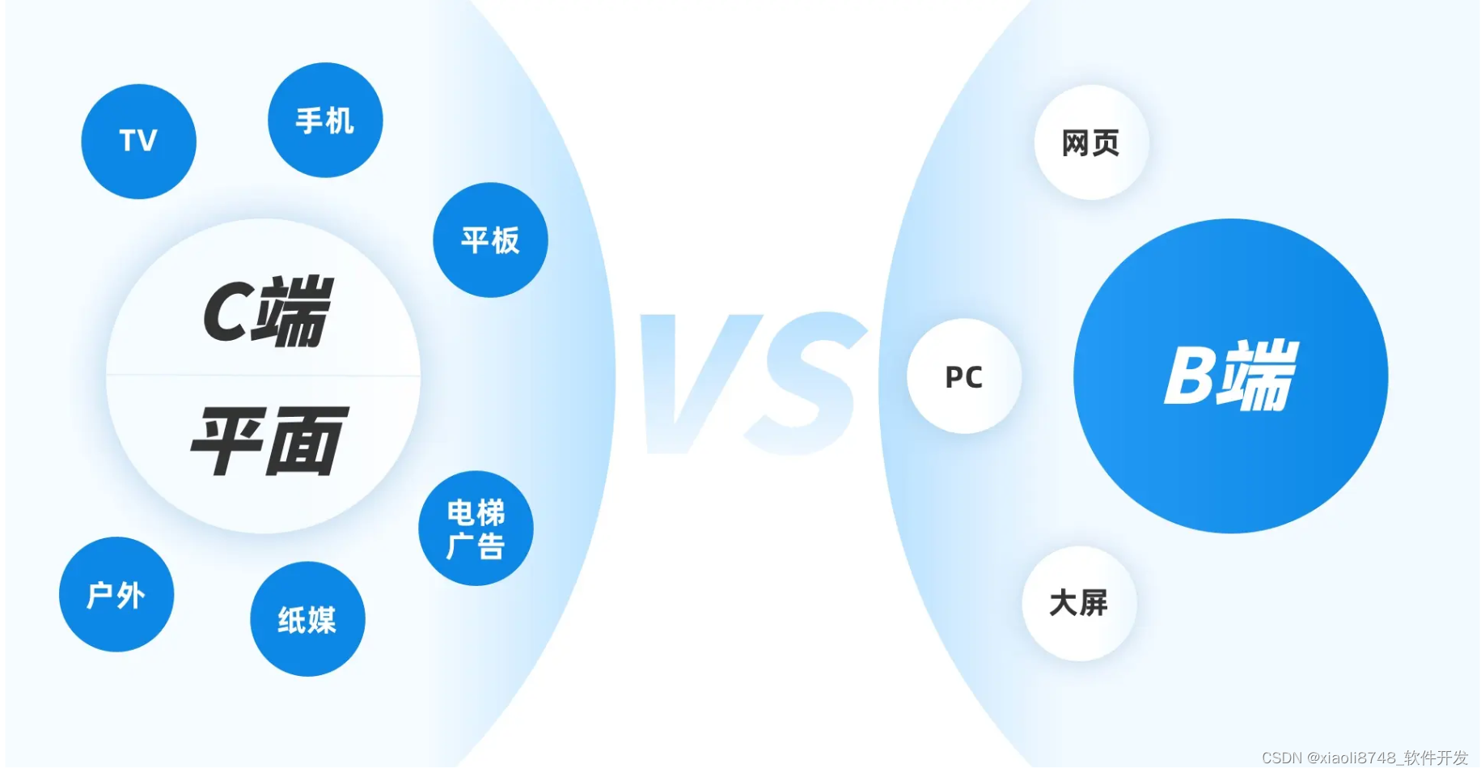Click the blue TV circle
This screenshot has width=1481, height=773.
point(138,142)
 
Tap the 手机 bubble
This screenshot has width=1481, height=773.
point(325,120)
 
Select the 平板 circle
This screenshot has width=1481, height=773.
point(490,240)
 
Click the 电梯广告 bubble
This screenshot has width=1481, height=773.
point(476,528)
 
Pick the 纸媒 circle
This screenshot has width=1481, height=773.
point(307,619)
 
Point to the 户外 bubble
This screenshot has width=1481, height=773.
point(116,595)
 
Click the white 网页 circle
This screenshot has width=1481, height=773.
point(1091,142)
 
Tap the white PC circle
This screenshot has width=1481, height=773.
point(964,376)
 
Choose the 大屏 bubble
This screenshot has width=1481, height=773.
point(1079,603)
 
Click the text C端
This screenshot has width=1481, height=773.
point(267,312)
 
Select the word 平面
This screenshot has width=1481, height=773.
point(269,441)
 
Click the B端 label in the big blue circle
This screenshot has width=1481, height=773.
point(1231,376)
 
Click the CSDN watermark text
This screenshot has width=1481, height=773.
point(1281,758)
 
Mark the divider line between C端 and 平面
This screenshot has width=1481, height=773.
point(264,376)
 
